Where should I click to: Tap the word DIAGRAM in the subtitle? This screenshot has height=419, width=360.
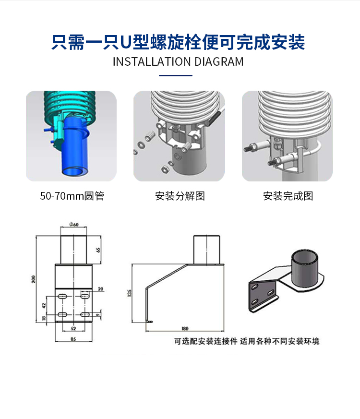coord(219,62)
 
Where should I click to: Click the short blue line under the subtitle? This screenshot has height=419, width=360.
coord(176,76)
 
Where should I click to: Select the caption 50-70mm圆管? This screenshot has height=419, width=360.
coord(72,196)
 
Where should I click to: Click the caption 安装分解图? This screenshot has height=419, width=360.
coord(180,196)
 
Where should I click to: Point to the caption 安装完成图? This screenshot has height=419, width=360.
coord(288,196)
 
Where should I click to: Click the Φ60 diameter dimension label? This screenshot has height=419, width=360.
coord(74,225)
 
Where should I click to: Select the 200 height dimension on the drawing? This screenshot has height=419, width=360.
coord(34,279)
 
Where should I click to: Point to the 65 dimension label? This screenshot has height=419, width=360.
coord(98,250)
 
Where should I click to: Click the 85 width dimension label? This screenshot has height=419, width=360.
coord(73,339)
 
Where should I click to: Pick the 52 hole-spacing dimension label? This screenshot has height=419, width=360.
coord(73,328)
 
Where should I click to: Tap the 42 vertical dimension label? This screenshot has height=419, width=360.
coord(44,305)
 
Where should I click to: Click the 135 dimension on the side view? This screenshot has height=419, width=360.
coord(130,293)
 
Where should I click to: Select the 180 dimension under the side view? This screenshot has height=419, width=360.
coord(185,328)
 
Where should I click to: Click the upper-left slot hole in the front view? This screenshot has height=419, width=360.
coord(62,296)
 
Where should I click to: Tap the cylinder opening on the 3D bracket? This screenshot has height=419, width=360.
coord(305,256)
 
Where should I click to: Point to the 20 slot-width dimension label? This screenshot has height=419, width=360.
coord(100,289)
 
